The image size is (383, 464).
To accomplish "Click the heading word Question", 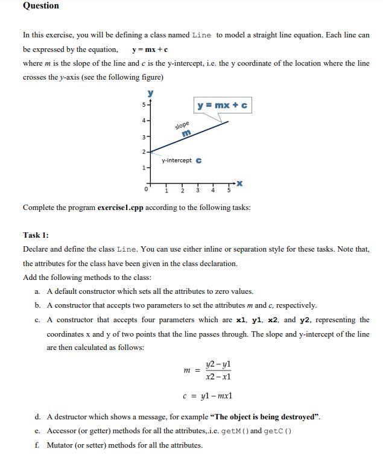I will click(x=40, y=6).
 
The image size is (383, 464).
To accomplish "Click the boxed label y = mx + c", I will click(x=222, y=106).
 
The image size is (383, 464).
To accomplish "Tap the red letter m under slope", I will click(x=186, y=133).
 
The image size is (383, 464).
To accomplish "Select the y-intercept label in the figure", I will click(x=177, y=160).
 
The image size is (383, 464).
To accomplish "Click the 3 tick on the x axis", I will click(x=197, y=191).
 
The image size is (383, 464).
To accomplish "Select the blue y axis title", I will click(x=150, y=94).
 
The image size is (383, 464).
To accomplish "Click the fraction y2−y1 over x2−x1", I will click(x=218, y=370).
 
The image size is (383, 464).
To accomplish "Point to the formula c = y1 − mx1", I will click(x=207, y=396).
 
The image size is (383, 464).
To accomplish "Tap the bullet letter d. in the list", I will click(x=38, y=416).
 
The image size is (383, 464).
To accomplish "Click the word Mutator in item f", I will click(x=61, y=445).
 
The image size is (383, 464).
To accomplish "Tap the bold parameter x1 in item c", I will click(x=241, y=320).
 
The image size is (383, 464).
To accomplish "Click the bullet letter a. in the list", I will click(x=38, y=291).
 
